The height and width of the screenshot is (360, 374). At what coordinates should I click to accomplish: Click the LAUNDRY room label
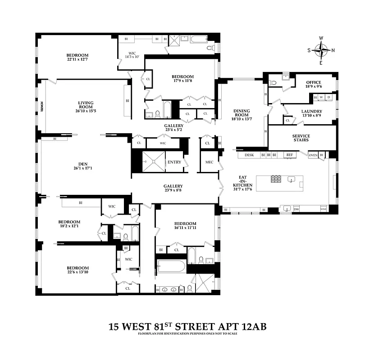[312, 111]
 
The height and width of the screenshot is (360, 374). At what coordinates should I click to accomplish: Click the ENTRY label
[174, 162]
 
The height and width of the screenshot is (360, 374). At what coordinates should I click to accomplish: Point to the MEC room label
[210, 162]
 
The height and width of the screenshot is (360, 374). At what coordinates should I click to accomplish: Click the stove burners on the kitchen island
[276, 179]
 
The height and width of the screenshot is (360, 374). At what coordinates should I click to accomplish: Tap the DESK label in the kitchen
[249, 155]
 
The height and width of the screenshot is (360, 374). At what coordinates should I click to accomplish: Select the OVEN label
[313, 155]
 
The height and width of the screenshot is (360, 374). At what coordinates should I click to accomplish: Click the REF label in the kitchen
[290, 155]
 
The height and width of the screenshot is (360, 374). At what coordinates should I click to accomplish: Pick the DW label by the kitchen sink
[296, 209]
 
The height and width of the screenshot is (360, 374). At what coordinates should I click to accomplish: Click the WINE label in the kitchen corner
[323, 209]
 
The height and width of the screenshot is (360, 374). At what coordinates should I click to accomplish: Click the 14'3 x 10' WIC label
[132, 56]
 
